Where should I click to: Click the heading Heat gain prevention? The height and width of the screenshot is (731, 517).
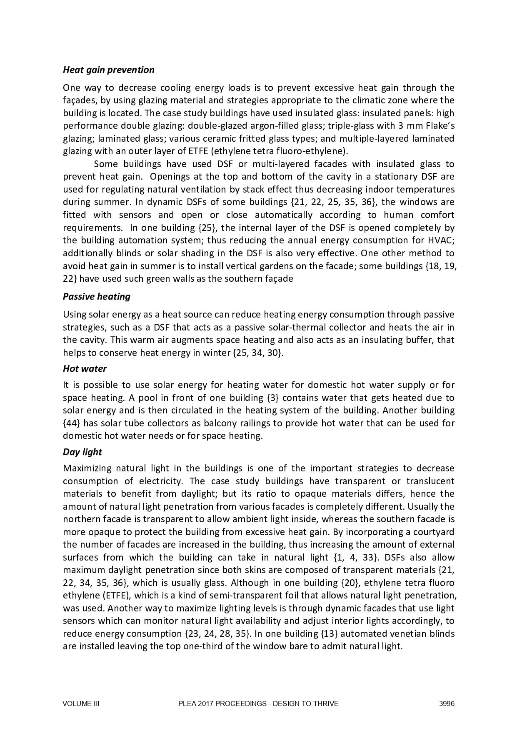click(x=108, y=70)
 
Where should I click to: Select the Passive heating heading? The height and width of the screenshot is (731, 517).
click(x=96, y=297)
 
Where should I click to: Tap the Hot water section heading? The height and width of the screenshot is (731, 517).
click(x=85, y=369)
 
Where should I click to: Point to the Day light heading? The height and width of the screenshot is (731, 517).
click(x=82, y=452)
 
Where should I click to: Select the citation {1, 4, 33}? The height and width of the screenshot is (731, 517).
click(x=356, y=558)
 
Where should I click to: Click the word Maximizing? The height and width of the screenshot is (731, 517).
click(x=86, y=468)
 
